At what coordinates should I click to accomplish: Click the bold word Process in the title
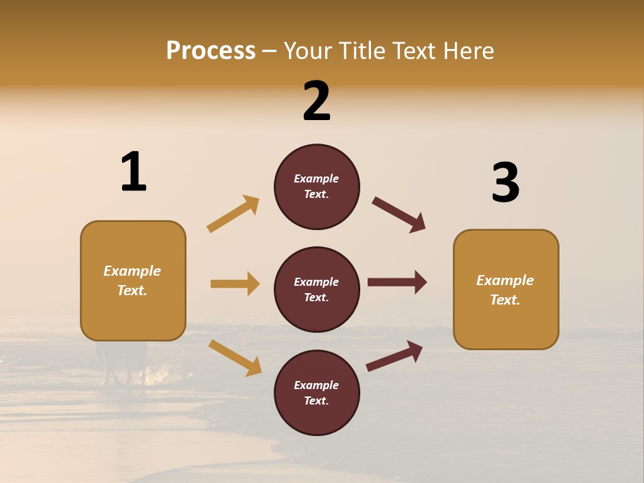(x=211, y=50)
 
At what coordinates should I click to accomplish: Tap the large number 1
(x=133, y=172)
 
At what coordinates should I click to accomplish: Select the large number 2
(x=317, y=101)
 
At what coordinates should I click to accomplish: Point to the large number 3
(x=506, y=182)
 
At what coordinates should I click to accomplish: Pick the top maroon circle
(x=317, y=186)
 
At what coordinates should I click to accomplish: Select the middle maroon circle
(x=317, y=289)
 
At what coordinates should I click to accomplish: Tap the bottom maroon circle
(x=317, y=392)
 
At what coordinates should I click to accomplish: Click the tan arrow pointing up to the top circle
(x=233, y=214)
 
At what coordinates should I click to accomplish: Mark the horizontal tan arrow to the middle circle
(x=235, y=284)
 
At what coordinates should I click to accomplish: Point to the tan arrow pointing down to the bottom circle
(x=235, y=358)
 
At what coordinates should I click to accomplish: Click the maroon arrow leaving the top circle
(x=399, y=215)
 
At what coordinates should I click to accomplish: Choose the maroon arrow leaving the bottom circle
(x=395, y=356)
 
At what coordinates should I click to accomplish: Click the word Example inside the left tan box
(x=132, y=271)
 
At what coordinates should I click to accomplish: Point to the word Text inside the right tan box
(x=504, y=300)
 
